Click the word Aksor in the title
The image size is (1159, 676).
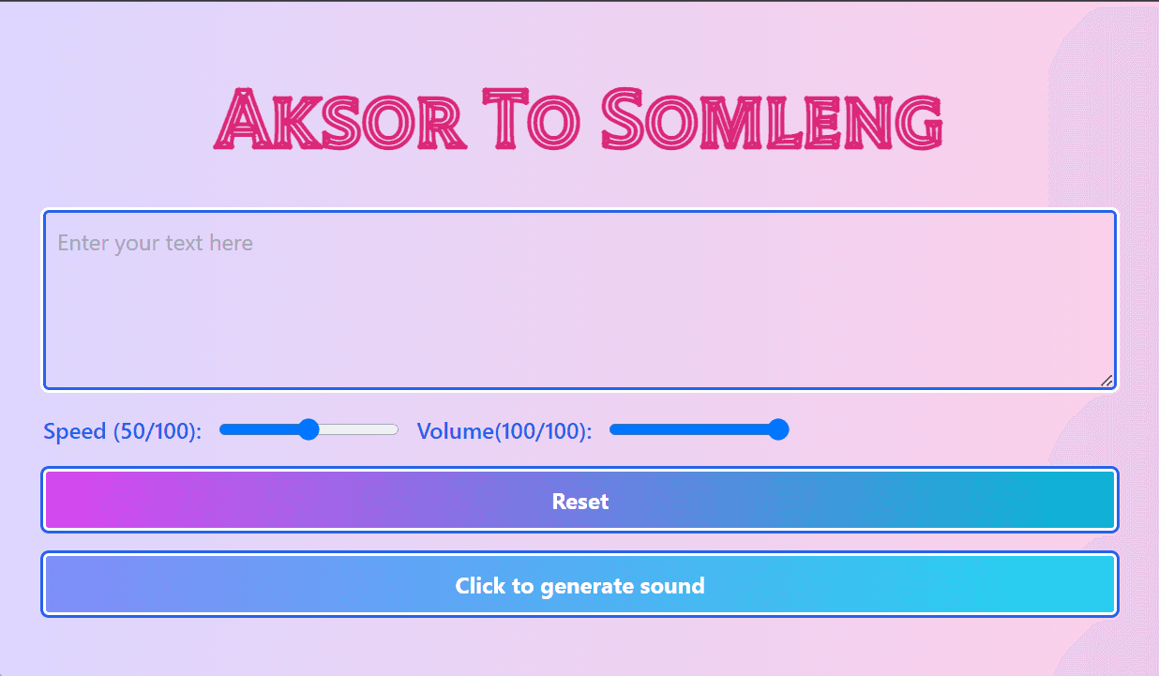(x=340, y=119)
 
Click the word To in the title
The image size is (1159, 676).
(x=531, y=119)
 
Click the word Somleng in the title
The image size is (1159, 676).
(x=772, y=119)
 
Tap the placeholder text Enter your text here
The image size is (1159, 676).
(x=156, y=243)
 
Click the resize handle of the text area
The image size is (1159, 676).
(x=1106, y=382)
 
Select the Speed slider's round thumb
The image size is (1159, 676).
(x=309, y=429)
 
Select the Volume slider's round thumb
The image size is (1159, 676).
(x=778, y=429)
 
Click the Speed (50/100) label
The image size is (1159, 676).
(x=123, y=431)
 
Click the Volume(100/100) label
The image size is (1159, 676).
(x=504, y=431)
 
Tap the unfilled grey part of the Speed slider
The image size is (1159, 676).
(x=358, y=429)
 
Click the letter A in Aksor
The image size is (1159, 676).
(x=243, y=118)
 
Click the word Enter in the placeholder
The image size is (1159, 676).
(x=83, y=243)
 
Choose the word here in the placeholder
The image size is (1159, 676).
(x=232, y=243)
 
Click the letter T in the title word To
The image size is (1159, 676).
(x=505, y=118)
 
